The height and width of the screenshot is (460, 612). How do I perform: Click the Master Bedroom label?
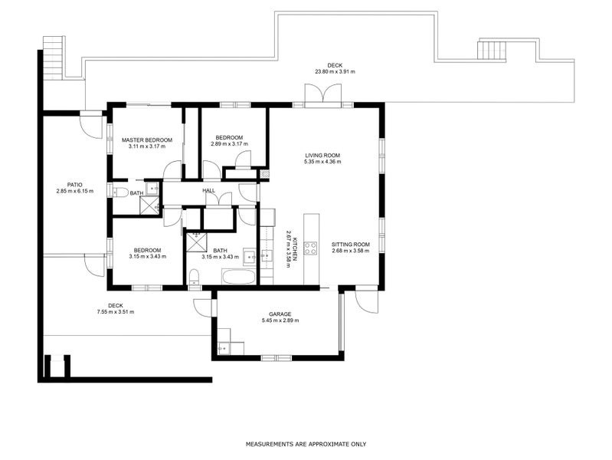point(147,140)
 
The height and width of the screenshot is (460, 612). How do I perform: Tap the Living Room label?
point(322,155)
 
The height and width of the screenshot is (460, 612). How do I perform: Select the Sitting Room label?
point(351,245)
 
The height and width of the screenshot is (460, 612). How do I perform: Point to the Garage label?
point(280,314)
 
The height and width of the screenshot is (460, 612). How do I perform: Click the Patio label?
point(74,185)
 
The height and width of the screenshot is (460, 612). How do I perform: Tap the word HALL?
point(209,190)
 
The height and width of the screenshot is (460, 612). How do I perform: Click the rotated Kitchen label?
point(296,249)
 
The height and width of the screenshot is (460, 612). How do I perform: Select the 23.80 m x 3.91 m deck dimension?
point(335,71)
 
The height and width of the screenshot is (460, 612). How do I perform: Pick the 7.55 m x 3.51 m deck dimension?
point(116,312)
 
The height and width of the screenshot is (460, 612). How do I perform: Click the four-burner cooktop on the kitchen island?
point(311,248)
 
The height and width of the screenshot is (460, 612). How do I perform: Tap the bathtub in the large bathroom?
point(238,277)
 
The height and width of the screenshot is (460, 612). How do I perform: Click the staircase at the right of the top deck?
point(493,50)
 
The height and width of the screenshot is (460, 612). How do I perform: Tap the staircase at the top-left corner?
point(53,58)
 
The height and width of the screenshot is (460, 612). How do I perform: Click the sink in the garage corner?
point(224,348)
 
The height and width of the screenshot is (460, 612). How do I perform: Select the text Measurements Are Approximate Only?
point(306,444)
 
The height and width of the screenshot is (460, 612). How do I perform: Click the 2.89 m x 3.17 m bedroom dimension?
point(230,144)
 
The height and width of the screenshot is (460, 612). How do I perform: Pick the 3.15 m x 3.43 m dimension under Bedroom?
point(148,257)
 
